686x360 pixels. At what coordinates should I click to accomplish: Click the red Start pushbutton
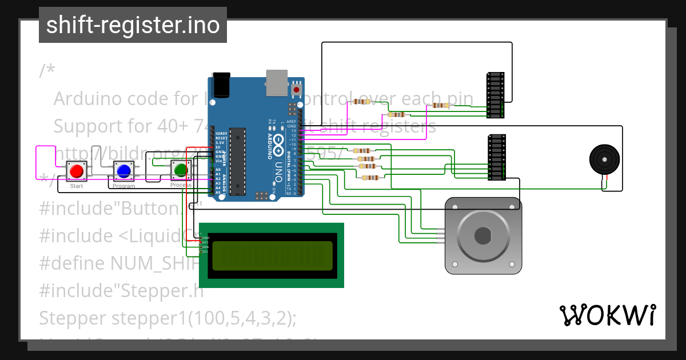(x=76, y=171)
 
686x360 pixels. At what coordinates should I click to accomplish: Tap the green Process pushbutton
(x=181, y=170)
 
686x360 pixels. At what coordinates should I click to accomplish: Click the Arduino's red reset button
(x=297, y=90)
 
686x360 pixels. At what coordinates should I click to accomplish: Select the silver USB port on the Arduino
(x=277, y=82)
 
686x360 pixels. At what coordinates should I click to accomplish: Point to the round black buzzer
(x=604, y=159)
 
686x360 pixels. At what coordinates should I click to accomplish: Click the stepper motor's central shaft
(x=482, y=234)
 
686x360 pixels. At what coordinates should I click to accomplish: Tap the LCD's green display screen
(x=272, y=255)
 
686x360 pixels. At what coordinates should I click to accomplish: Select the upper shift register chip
(x=495, y=95)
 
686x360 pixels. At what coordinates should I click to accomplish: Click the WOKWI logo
(x=607, y=315)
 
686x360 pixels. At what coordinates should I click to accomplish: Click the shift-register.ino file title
(x=133, y=25)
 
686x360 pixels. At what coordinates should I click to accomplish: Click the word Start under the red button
(x=76, y=186)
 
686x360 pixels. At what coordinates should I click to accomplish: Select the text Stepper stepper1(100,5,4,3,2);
(x=167, y=318)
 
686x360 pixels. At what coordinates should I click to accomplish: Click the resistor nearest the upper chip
(x=440, y=105)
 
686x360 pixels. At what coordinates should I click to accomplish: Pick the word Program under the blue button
(x=123, y=186)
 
